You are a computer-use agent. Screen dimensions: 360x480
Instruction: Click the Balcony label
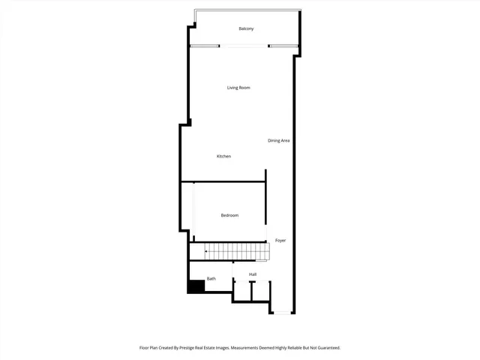(246, 29)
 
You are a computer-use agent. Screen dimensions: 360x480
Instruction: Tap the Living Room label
(238, 88)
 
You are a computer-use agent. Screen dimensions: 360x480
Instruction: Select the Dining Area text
(279, 141)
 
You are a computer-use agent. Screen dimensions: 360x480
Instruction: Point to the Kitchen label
(223, 156)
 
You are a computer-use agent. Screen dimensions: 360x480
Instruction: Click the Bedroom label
(229, 216)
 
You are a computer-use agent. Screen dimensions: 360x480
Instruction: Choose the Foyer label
(280, 241)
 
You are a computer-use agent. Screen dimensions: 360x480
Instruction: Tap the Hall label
(253, 274)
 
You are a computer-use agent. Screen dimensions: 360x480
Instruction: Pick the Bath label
(211, 279)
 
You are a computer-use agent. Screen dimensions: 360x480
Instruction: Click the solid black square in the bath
(196, 286)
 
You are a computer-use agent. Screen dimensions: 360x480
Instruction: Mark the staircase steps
(238, 252)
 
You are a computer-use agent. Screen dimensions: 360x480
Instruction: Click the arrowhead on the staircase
(206, 252)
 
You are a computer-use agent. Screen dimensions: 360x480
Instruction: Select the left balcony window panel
(205, 46)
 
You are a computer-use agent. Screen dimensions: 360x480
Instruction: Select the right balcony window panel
(283, 46)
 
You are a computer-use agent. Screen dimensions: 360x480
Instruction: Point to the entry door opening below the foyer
(282, 312)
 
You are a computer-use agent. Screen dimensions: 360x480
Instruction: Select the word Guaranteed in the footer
(324, 348)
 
